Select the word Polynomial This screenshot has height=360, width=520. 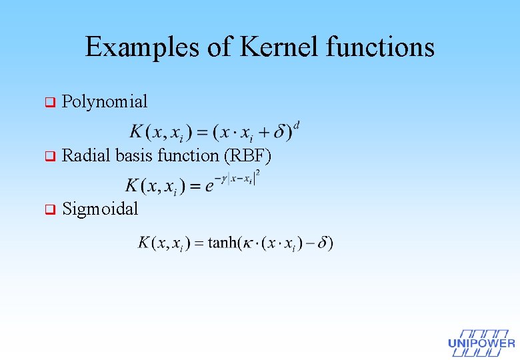(x=105, y=102)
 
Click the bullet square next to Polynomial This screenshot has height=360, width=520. (x=48, y=103)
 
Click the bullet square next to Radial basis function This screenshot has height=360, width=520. (x=48, y=157)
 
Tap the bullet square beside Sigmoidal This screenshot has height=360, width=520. (x=48, y=210)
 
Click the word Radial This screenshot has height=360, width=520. (x=86, y=156)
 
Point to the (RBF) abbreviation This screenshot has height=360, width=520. (x=248, y=156)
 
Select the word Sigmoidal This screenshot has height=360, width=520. (x=100, y=209)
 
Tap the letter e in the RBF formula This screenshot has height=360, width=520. (x=209, y=186)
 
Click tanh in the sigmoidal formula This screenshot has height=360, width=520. (x=224, y=243)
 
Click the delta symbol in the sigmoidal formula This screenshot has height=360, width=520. (x=321, y=243)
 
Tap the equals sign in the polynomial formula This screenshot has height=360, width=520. (x=200, y=133)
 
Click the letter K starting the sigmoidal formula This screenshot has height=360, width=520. (x=143, y=243)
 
